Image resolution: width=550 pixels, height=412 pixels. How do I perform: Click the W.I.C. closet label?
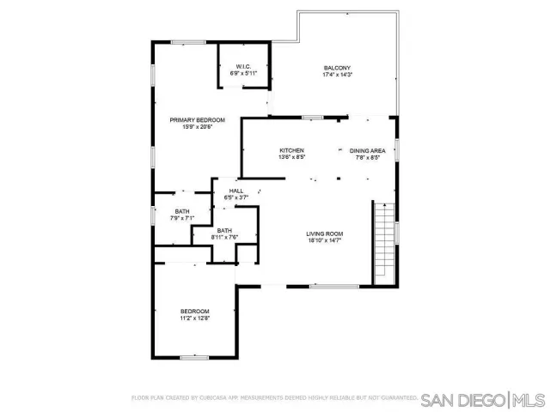click(x=243, y=67)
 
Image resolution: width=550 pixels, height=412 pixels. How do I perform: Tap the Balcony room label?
click(x=337, y=68)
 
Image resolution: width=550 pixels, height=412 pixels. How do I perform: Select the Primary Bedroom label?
click(x=197, y=120)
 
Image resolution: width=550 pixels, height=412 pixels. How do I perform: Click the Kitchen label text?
click(x=292, y=150)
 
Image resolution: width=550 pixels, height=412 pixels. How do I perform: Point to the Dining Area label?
click(x=367, y=150)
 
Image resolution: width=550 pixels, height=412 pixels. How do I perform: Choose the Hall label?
click(x=235, y=191)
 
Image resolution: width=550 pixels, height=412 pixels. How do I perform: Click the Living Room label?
click(x=325, y=233)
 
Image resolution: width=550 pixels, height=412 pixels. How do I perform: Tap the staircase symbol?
click(x=383, y=242)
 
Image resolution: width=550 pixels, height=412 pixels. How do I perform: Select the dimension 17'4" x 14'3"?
click(x=337, y=75)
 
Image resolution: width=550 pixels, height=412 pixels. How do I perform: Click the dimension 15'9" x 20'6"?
click(x=197, y=127)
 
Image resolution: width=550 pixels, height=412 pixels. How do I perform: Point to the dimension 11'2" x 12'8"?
click(x=194, y=318)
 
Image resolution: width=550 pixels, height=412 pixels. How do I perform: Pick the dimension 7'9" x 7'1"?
click(x=182, y=218)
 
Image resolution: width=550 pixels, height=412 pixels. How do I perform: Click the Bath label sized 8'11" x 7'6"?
click(x=224, y=230)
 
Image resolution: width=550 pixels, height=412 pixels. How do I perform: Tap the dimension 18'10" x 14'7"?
click(x=325, y=240)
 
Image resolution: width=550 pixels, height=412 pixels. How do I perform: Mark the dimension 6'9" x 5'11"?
click(x=243, y=74)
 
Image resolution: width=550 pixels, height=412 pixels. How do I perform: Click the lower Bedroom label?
click(x=194, y=311)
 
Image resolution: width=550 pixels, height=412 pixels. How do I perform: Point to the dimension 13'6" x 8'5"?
click(x=292, y=157)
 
